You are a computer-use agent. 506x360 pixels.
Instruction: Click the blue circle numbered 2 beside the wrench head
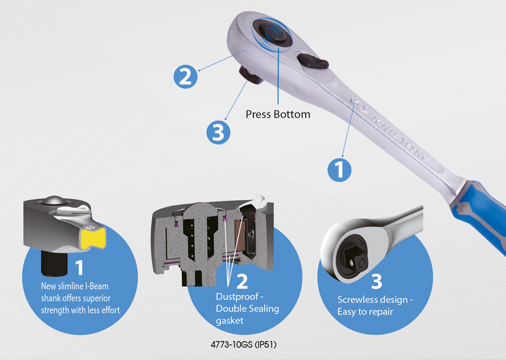[186, 77]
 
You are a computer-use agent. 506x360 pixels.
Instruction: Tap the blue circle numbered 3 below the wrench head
[219, 132]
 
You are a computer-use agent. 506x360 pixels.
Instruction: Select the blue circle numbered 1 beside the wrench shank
[340, 170]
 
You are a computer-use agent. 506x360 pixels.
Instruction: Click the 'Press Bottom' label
[278, 114]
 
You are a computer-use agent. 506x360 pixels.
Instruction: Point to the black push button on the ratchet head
[273, 33]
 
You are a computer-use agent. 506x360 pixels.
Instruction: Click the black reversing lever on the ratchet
[313, 61]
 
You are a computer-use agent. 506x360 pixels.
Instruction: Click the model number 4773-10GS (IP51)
[243, 345]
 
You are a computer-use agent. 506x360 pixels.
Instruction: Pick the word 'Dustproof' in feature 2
[237, 296]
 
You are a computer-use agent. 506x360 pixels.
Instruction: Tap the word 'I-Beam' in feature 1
[97, 286]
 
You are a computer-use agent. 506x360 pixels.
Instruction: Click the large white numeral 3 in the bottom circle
[376, 281]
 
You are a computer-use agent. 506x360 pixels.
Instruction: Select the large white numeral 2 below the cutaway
[242, 281]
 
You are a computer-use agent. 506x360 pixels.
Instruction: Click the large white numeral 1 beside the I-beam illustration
[79, 267]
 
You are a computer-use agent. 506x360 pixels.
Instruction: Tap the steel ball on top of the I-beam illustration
[53, 200]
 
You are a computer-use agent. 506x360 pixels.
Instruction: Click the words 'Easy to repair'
[365, 312]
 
